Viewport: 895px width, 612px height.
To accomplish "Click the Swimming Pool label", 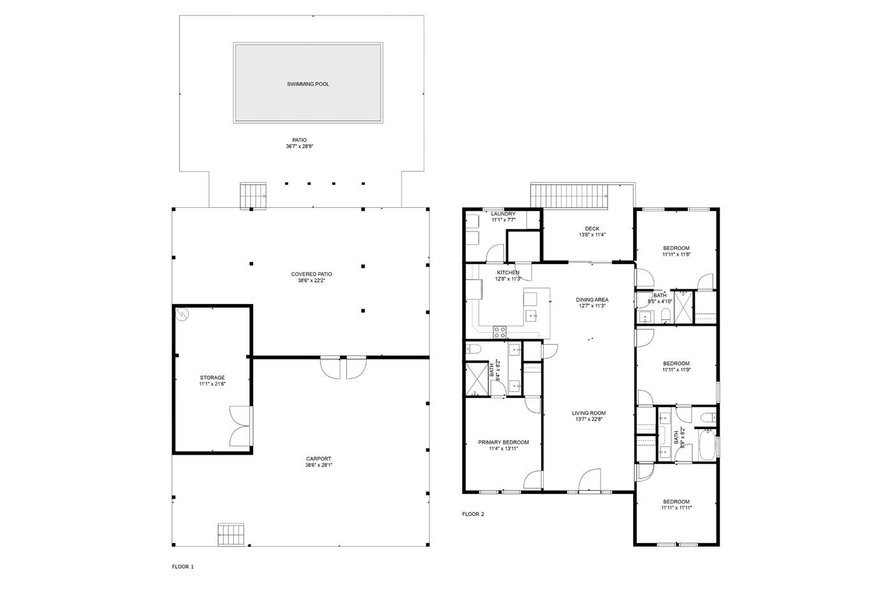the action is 308,84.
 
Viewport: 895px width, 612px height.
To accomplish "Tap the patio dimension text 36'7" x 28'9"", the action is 300,146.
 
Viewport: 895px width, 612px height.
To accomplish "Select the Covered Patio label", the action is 312,274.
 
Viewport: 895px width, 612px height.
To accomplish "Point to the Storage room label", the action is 212,377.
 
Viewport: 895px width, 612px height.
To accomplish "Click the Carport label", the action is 319,458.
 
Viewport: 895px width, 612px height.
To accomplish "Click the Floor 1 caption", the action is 183,567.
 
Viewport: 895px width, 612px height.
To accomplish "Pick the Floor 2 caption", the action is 473,514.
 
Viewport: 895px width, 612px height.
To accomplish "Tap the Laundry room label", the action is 504,214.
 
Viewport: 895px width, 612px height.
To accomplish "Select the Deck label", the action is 592,228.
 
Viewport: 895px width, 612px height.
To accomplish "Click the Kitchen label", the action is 508,272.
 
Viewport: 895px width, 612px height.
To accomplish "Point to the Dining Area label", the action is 592,300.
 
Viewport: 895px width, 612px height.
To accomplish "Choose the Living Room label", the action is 588,413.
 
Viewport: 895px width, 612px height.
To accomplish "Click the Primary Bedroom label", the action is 504,442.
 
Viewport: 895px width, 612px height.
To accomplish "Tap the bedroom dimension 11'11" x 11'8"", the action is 676,254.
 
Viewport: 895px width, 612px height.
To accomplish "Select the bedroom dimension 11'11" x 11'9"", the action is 676,370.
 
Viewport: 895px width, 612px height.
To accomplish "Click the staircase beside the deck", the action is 569,196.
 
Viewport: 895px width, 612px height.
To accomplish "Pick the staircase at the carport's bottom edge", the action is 231,534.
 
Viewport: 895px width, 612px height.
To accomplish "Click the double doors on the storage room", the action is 241,426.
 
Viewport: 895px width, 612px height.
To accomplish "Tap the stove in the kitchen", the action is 499,332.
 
